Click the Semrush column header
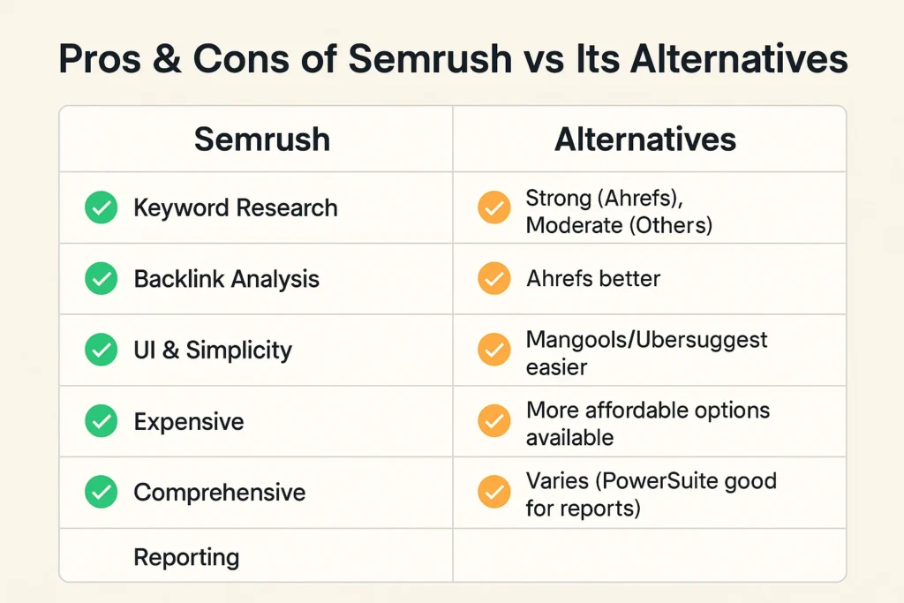click(261, 139)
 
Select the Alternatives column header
click(645, 139)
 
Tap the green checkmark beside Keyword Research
click(101, 208)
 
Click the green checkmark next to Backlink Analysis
click(101, 279)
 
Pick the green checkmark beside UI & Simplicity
click(101, 350)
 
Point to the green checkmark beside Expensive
click(101, 421)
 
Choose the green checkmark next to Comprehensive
click(101, 492)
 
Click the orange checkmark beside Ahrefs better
click(493, 279)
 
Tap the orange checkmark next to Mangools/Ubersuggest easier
click(493, 350)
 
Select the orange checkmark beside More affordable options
click(493, 421)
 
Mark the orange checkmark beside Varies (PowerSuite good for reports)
click(493, 492)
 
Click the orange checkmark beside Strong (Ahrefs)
click(493, 208)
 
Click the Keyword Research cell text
click(235, 208)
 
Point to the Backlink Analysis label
click(226, 279)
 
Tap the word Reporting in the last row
click(186, 557)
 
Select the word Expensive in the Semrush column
click(188, 421)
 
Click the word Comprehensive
click(219, 492)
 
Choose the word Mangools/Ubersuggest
click(646, 339)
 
